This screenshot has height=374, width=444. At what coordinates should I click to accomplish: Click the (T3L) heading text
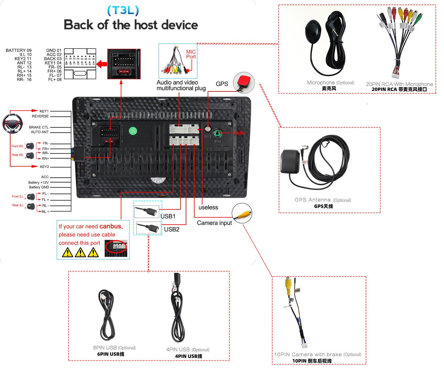(x=123, y=11)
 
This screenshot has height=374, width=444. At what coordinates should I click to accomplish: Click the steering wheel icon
(x=13, y=123)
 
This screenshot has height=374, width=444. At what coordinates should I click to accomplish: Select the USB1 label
(x=168, y=216)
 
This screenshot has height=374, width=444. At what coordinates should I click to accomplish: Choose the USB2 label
(x=172, y=229)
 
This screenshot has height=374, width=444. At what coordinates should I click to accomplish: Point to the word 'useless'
(x=208, y=207)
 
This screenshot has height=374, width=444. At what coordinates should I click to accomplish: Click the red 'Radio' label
(x=239, y=133)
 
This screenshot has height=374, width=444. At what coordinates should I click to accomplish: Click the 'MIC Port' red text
(x=191, y=54)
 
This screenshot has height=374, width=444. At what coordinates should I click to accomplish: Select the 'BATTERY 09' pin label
(x=19, y=50)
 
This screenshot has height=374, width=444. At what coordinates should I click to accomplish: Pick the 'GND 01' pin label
(x=54, y=50)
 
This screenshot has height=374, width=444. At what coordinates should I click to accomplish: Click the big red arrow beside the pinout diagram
(x=102, y=64)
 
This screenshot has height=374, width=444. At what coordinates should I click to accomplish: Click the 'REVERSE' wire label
(x=40, y=116)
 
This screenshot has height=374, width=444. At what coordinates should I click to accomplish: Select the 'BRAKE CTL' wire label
(x=39, y=127)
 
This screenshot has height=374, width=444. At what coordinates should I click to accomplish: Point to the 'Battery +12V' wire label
(x=38, y=182)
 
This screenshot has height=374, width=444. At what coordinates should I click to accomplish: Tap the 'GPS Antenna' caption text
(x=313, y=200)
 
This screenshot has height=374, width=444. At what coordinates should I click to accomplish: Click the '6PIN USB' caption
(x=105, y=348)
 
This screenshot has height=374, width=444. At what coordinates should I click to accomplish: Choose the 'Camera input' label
(x=214, y=223)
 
